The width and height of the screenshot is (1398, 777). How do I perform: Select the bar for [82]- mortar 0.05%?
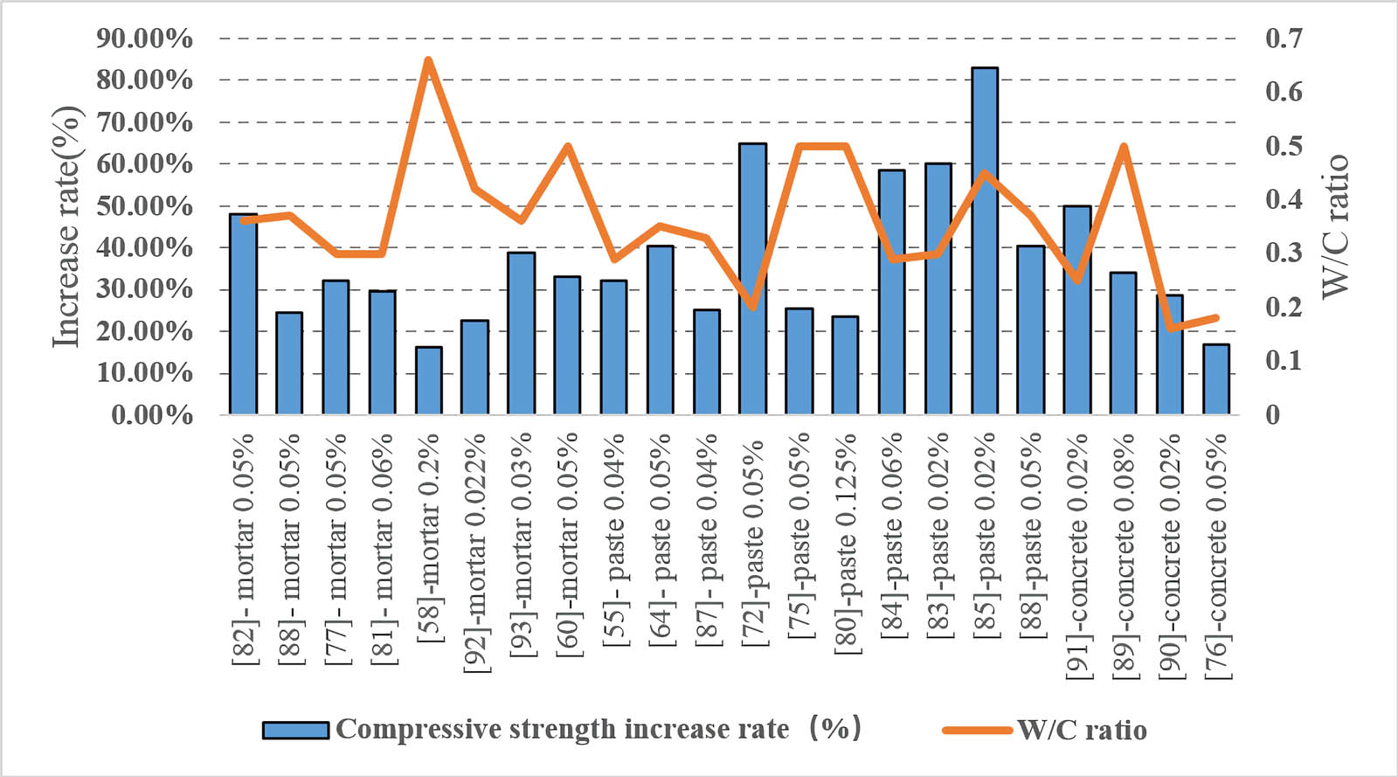click(x=243, y=314)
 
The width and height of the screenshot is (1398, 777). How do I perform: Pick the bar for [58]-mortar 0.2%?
click(x=428, y=380)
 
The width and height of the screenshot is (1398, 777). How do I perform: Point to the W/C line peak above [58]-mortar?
click(x=428, y=60)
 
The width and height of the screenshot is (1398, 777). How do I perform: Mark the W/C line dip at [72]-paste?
click(x=752, y=306)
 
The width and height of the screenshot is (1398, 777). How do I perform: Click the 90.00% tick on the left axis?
click(x=144, y=38)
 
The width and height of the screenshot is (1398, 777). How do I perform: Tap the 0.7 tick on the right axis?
click(x=1284, y=38)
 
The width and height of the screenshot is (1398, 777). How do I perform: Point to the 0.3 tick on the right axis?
click(x=1284, y=253)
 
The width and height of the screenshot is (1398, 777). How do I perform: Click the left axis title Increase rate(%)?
click(x=67, y=226)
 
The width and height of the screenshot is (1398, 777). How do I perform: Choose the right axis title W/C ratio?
click(x=1334, y=226)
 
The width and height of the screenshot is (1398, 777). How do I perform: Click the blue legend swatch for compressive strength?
click(x=295, y=730)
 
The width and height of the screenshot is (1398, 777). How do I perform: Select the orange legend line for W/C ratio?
click(x=978, y=730)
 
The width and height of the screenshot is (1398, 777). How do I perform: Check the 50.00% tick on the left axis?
click(x=144, y=205)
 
